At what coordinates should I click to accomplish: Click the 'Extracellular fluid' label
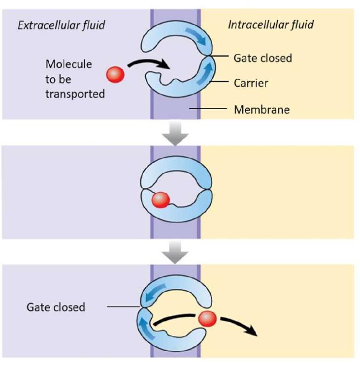[x=61, y=25]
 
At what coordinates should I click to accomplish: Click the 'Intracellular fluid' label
[x=271, y=25]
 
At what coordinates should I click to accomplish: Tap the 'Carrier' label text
[x=251, y=83]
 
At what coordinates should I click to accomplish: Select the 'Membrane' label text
[x=262, y=109]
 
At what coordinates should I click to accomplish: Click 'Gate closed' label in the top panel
[x=262, y=58]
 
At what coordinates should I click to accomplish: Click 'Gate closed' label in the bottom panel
[x=56, y=307]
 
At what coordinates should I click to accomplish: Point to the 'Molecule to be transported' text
[x=75, y=79]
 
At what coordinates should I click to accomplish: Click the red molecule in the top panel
[x=115, y=75]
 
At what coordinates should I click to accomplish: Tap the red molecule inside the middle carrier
[x=160, y=200]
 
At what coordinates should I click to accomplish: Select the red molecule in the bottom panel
[x=207, y=319]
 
